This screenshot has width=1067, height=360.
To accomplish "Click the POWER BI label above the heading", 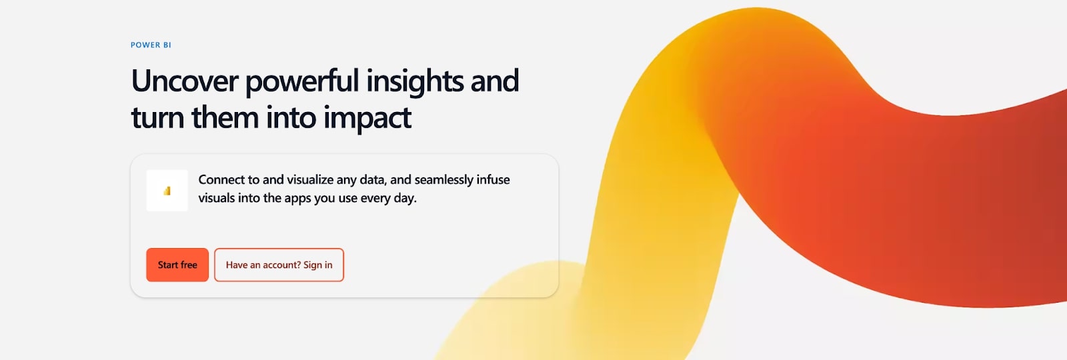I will [x=151, y=45].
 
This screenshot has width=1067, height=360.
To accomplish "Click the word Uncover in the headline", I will [x=185, y=81].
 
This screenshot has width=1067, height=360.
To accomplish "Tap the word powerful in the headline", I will [x=302, y=81].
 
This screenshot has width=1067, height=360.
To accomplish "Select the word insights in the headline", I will [x=415, y=81].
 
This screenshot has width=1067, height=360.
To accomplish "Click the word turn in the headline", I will [x=157, y=118].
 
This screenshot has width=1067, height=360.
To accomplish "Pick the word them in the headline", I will [x=225, y=118].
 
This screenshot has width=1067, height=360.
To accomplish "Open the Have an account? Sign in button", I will [x=279, y=265].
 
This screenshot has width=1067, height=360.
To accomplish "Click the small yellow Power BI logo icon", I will [x=167, y=191].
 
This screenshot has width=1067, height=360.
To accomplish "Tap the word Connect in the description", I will [x=221, y=180].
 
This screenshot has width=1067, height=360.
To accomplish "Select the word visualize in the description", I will [x=309, y=180].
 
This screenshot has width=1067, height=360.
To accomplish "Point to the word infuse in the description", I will [x=493, y=180].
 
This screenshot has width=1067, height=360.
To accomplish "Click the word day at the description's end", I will [x=403, y=199].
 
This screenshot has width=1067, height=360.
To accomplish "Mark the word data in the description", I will [x=372, y=180].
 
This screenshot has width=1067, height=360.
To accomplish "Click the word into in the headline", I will [x=291, y=118].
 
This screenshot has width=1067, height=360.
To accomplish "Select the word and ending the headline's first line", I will [x=494, y=81].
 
